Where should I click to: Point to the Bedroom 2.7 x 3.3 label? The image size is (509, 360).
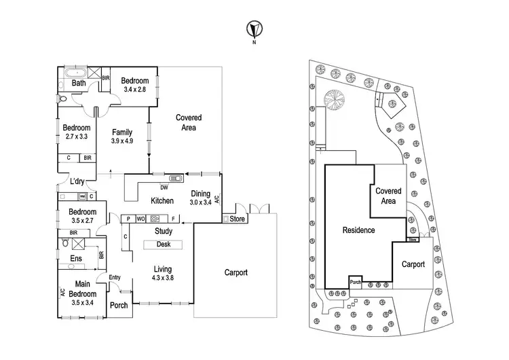76,132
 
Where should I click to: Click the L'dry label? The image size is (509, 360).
77,181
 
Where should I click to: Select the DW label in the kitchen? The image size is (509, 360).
164,187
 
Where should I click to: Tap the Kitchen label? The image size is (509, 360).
162,200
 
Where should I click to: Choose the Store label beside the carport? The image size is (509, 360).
236,219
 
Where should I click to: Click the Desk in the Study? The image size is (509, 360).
163,244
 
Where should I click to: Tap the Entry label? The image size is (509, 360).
114,277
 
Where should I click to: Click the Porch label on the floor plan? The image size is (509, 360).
119,305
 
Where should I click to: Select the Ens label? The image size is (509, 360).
76,258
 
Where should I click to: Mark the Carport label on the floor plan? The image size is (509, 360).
235,272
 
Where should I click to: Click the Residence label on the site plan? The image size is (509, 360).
358,230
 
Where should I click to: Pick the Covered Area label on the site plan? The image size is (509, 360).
390,196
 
